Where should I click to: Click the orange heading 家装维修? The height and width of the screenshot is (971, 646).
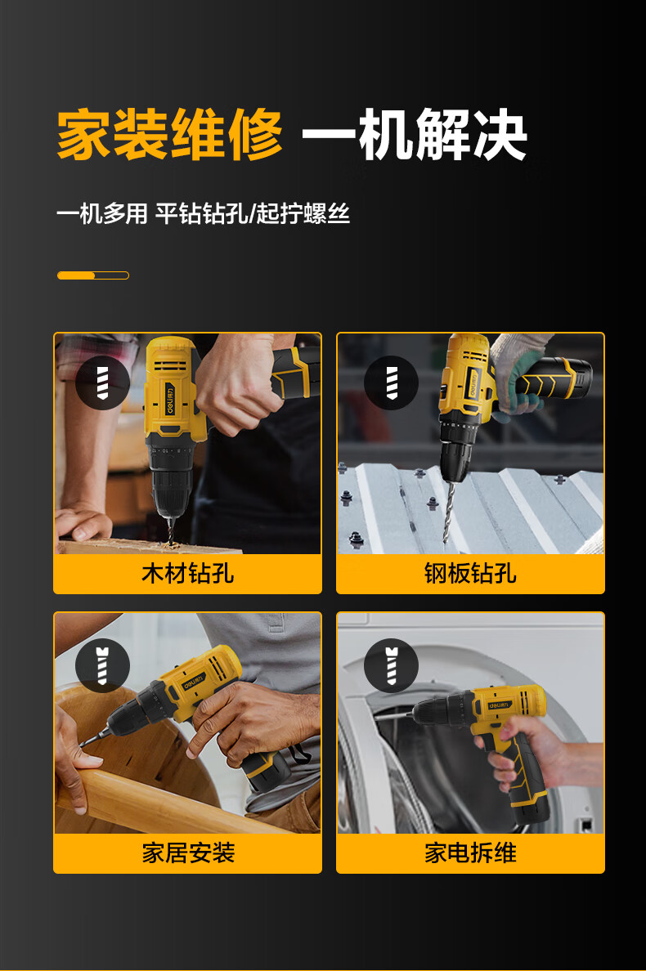(x=169, y=135)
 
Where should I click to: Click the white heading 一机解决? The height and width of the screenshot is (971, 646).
(x=415, y=135)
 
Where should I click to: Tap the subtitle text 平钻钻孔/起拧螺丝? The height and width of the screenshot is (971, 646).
(x=253, y=215)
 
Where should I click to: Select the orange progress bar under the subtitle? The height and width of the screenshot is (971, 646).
(x=92, y=275)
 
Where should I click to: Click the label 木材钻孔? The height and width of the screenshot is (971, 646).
(x=187, y=573)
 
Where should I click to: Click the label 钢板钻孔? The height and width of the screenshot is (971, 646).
(x=470, y=573)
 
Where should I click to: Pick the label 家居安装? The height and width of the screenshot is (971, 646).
(x=187, y=853)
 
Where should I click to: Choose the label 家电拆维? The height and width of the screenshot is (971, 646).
(x=470, y=853)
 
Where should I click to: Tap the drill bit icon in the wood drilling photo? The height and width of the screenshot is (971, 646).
(x=102, y=383)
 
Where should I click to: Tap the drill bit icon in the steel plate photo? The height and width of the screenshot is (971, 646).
(x=391, y=383)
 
